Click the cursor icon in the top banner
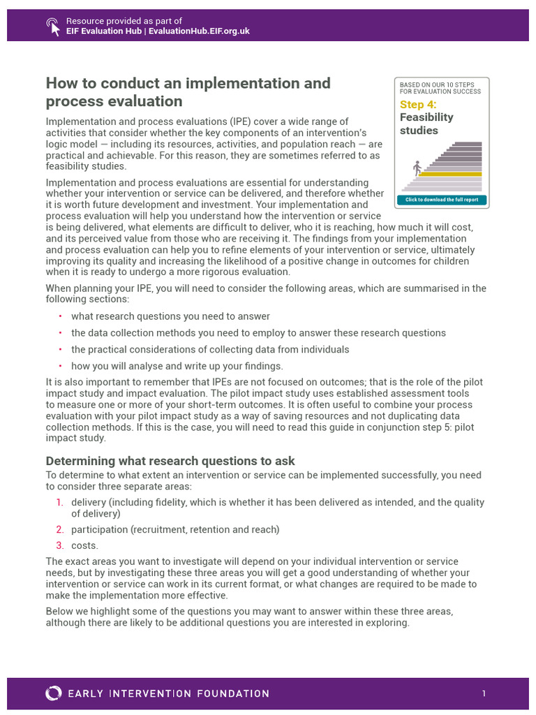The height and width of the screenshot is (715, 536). [x=53, y=26]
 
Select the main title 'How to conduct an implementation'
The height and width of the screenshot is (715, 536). [x=188, y=83]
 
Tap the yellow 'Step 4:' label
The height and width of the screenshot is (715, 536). [x=417, y=105]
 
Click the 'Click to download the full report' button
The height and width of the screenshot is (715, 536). [x=441, y=200]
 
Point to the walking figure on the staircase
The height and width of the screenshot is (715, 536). [x=417, y=168]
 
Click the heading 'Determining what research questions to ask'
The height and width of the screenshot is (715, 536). [x=170, y=461]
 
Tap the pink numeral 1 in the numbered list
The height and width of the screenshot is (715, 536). [x=59, y=503]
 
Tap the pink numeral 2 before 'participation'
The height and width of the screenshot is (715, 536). [x=59, y=529]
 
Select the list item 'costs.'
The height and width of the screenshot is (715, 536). [x=84, y=545]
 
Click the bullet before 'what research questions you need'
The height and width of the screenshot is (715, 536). [x=60, y=316]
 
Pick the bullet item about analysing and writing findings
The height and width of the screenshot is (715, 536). [x=177, y=366]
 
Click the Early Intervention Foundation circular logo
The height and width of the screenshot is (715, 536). [x=53, y=693]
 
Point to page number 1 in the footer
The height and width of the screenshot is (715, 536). [x=483, y=693]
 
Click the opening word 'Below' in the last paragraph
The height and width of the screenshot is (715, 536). [x=59, y=611]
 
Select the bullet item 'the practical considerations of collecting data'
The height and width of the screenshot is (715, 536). [x=210, y=349]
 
